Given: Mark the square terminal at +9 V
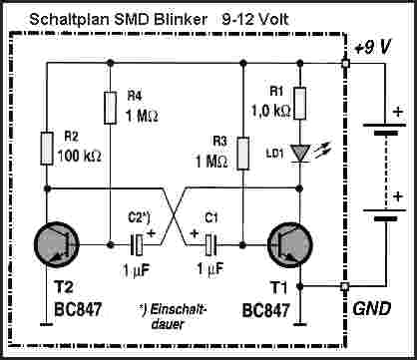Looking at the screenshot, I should [344, 64].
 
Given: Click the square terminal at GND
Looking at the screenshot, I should [344, 287].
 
